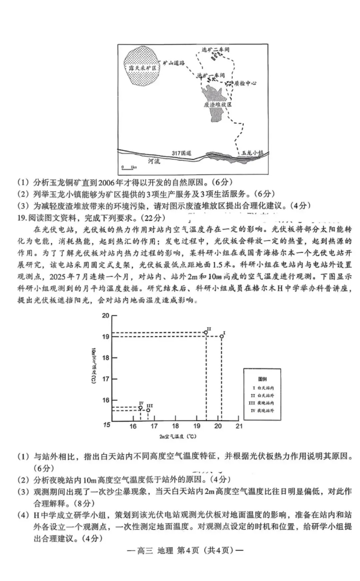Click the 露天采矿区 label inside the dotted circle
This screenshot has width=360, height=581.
[142, 68]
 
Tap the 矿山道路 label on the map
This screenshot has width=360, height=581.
[174, 63]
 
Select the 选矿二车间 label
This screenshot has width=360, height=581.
[216, 50]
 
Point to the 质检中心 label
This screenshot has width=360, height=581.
[245, 83]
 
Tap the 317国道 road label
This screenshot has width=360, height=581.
[182, 153]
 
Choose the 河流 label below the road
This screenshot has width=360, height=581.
[154, 161]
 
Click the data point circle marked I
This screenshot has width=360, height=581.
[222, 336]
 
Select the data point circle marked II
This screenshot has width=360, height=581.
[206, 332]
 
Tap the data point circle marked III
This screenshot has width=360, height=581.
[148, 410]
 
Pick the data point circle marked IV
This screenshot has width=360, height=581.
[140, 408]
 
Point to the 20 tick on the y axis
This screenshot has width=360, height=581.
[106, 316]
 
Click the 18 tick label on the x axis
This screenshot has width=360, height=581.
[175, 426]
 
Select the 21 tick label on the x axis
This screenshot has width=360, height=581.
[239, 426]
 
